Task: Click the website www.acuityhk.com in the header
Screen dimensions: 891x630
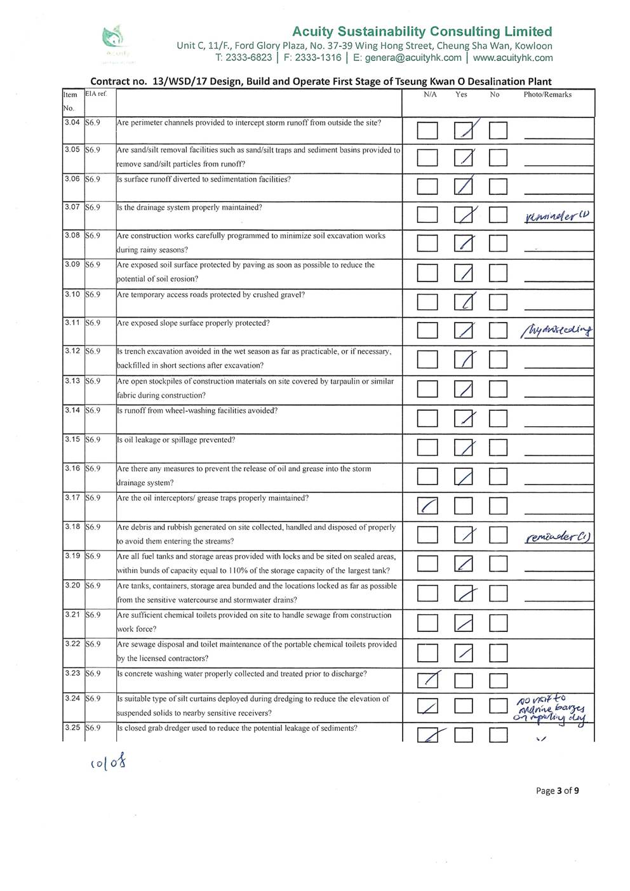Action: (x=513, y=58)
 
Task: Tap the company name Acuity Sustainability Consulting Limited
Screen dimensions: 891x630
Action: (x=422, y=31)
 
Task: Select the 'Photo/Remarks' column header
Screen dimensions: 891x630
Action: (x=547, y=95)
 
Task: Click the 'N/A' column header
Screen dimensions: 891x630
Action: (x=430, y=95)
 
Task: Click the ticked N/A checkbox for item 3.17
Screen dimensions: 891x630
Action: (x=427, y=506)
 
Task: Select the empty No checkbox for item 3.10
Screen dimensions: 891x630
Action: (x=498, y=303)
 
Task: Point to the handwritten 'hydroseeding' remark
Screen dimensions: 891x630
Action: (x=556, y=330)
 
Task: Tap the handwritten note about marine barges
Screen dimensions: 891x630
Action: (x=550, y=709)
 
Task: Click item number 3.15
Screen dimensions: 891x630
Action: (x=72, y=439)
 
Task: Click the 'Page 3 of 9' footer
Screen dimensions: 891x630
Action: (x=557, y=791)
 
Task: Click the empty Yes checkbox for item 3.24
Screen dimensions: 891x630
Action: (x=464, y=706)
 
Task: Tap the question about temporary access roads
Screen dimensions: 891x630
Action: (x=211, y=295)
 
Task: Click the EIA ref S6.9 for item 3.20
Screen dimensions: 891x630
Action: (x=93, y=586)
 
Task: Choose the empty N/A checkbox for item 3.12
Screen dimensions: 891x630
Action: (x=427, y=360)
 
